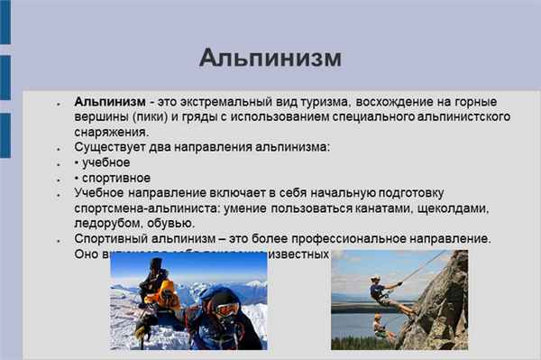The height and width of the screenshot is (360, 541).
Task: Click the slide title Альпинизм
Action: (270, 59)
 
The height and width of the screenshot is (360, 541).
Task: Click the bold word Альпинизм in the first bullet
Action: (109, 103)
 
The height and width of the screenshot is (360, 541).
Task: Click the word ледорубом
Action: (108, 223)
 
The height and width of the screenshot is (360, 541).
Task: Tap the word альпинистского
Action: (434, 117)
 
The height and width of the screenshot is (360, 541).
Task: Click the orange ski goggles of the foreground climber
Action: (225, 309)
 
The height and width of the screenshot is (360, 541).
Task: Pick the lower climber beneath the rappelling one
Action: (381, 326)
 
